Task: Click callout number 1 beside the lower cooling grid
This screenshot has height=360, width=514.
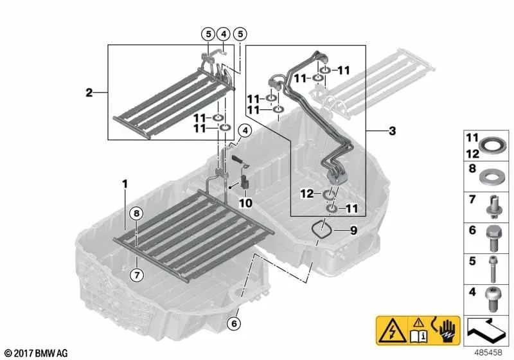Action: click(x=126, y=184)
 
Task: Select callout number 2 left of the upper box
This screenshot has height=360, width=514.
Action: click(x=89, y=93)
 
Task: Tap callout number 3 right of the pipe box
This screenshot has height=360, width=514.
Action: click(x=392, y=131)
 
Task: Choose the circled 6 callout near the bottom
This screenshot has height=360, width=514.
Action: click(x=235, y=323)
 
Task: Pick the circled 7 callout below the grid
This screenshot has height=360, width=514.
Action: click(x=136, y=276)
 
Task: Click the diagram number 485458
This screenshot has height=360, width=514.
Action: click(x=488, y=352)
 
